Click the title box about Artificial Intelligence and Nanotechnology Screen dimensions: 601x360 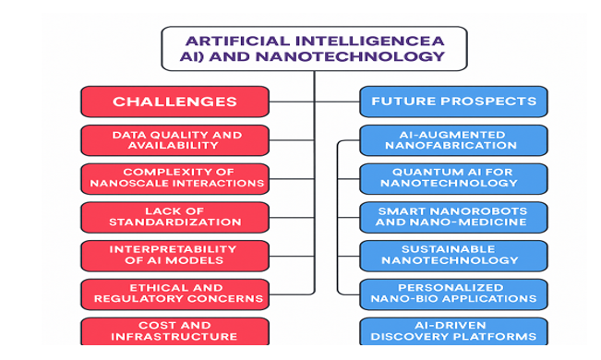[x=313, y=48]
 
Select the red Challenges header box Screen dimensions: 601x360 [x=174, y=102]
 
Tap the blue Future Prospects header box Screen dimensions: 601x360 [x=452, y=102]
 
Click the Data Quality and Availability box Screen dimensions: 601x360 [x=174, y=140]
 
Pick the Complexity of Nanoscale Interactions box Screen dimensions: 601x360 [x=174, y=178]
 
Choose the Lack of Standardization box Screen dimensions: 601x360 [x=174, y=217]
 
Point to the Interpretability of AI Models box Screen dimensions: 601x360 [x=174, y=256]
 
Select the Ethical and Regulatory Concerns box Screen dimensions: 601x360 [x=174, y=294]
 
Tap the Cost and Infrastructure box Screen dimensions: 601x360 [x=174, y=330]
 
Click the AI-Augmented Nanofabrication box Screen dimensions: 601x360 [x=452, y=140]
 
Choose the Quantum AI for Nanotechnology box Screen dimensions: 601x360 [x=452, y=178]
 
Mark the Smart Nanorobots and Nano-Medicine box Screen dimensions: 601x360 [x=452, y=217]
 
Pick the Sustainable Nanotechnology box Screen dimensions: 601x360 [x=452, y=256]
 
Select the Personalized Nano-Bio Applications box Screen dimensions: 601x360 [x=452, y=294]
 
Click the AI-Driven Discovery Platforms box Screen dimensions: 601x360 [x=452, y=330]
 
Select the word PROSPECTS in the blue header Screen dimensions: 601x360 [x=493, y=102]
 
